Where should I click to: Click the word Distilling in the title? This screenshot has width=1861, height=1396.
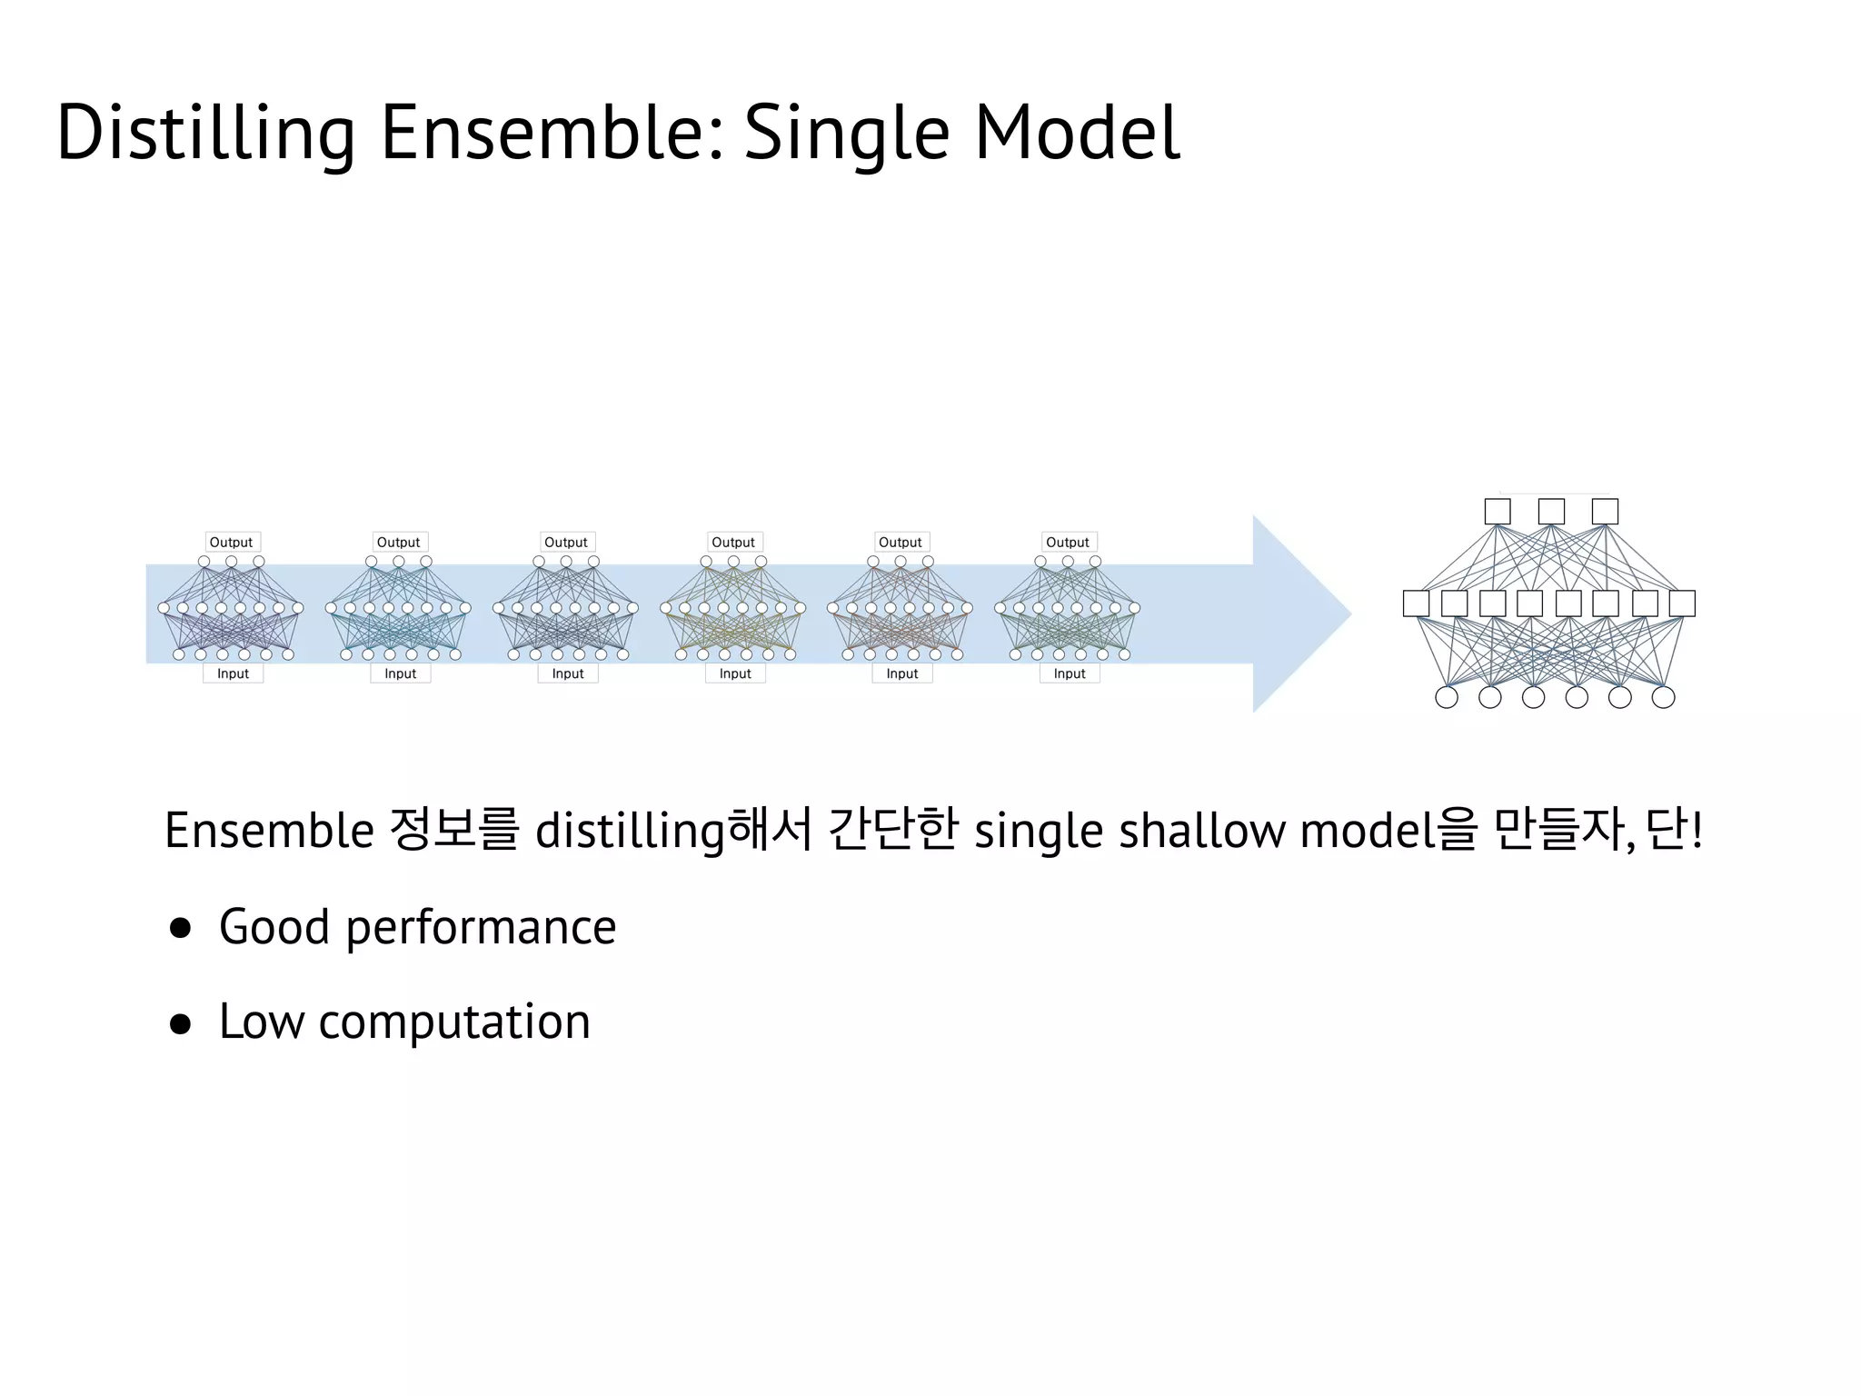coord(205,134)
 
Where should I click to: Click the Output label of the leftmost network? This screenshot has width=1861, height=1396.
coord(232,543)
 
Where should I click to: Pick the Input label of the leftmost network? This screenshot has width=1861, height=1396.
coord(233,673)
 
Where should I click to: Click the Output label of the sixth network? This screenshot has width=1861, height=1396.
coord(1068,543)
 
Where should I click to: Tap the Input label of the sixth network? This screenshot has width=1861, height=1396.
coord(1070,673)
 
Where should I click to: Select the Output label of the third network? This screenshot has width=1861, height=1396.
coord(566,543)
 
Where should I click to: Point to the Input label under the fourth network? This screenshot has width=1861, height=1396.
coord(735,673)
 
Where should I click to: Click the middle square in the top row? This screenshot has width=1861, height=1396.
coord(1551,512)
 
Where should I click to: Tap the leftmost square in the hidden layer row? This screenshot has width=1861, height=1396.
coord(1416,603)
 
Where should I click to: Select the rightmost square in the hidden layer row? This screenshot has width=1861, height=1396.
coord(1682,603)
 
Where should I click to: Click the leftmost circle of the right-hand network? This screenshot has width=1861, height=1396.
coord(1447,697)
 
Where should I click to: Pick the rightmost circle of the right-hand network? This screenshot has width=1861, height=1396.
coord(1663,697)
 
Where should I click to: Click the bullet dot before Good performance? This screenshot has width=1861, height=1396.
coord(181,928)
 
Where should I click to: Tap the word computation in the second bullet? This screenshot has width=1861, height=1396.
coord(454,1022)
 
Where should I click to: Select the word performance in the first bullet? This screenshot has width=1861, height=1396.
coord(481,928)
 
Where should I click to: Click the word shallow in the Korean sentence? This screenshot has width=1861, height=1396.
coord(1201,831)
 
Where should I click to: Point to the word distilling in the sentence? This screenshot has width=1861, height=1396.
coord(630,831)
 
